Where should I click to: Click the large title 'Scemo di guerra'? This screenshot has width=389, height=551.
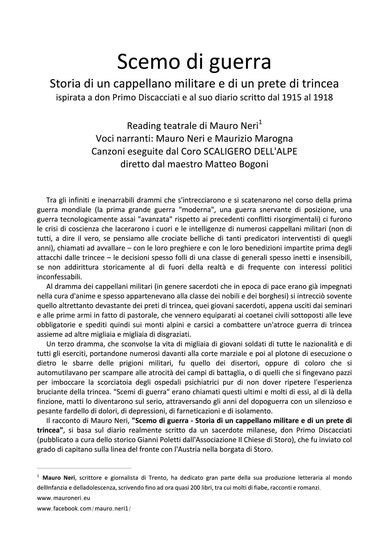[x=194, y=62]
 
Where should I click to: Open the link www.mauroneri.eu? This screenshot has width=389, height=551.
[x=63, y=498]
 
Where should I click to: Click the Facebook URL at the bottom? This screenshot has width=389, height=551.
[x=84, y=509]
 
